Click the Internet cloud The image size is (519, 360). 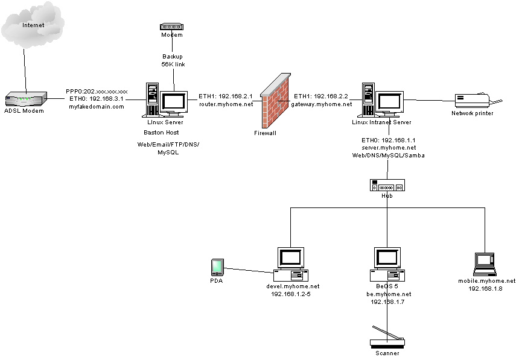pyautogui.click(x=33, y=24)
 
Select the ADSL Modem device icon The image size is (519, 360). pyautogui.click(x=26, y=99)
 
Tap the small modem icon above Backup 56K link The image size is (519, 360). pyautogui.click(x=171, y=27)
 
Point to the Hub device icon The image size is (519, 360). pyautogui.click(x=386, y=185)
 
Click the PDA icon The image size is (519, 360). pyautogui.click(x=217, y=267)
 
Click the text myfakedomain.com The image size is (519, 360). pyautogui.click(x=97, y=106)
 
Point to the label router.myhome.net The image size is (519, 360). pyautogui.click(x=226, y=104)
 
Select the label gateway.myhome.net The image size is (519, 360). pyautogui.click(x=321, y=104)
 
